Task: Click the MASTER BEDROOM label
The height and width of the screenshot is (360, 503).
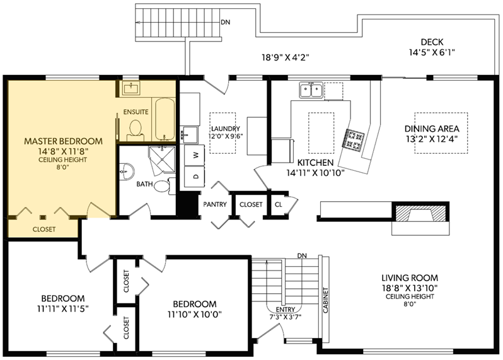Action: click(64, 141)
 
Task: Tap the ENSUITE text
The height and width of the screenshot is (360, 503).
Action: click(136, 112)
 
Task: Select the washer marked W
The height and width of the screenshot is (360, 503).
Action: click(195, 155)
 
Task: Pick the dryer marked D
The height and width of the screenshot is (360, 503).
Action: click(195, 177)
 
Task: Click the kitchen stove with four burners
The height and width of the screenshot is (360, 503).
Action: click(354, 139)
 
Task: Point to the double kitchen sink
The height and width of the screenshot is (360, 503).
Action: click(311, 90)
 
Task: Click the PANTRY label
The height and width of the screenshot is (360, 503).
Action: click(215, 204)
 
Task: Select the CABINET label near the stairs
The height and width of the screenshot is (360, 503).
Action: click(326, 300)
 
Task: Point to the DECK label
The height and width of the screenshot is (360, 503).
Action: click(432, 42)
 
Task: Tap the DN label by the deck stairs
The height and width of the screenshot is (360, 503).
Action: click(226, 23)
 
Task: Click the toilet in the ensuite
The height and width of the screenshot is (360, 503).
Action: click(136, 130)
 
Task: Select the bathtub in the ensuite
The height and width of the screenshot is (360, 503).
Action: click(165, 119)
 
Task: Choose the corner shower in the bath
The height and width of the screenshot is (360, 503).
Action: click(163, 160)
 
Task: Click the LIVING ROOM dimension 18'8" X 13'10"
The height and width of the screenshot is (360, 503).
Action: click(410, 287)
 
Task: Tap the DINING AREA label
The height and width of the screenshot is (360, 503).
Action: click(432, 129)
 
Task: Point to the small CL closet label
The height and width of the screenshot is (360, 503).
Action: click(279, 204)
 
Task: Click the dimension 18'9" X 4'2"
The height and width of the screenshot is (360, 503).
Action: click(286, 57)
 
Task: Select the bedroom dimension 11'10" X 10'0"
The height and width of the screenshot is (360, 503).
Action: click(195, 314)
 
